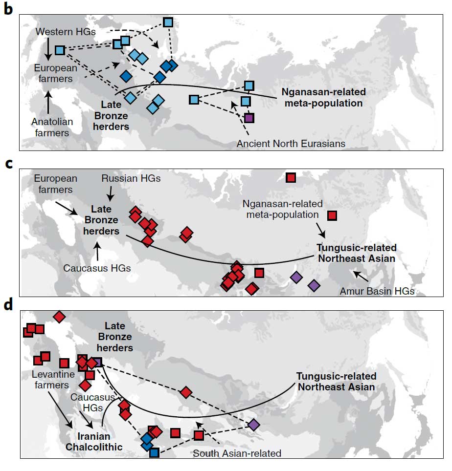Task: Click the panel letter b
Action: click(x=8, y=9)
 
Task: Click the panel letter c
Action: click(x=8, y=164)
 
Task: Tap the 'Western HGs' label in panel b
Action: click(x=66, y=32)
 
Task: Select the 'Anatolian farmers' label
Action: click(x=52, y=127)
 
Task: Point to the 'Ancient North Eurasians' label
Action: click(x=291, y=144)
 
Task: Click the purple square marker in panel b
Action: click(x=249, y=118)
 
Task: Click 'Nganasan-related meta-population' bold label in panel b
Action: click(x=323, y=97)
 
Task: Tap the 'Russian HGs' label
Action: click(x=131, y=178)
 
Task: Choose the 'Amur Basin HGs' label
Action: click(x=377, y=291)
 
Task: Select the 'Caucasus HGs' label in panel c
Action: click(x=97, y=268)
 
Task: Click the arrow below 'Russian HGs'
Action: click(x=111, y=193)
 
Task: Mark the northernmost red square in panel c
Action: click(x=291, y=177)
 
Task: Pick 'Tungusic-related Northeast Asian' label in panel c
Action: click(x=357, y=253)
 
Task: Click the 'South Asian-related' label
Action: click(x=237, y=453)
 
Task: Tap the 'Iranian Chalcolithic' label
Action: click(x=94, y=442)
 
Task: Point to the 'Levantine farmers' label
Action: click(x=53, y=379)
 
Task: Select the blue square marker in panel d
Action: click(x=154, y=452)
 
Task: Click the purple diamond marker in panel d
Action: click(x=253, y=425)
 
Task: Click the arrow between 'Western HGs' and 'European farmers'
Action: click(x=48, y=49)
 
